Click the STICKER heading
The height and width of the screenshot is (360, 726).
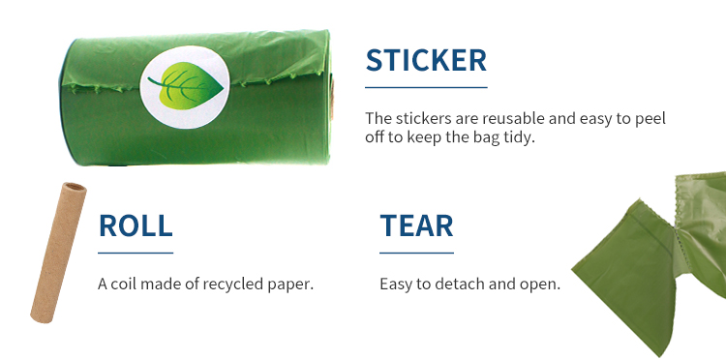click(x=425, y=60)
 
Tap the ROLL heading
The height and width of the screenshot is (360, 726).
click(x=136, y=225)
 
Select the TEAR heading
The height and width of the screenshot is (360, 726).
click(x=416, y=225)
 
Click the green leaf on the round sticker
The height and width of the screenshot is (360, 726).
click(x=184, y=85)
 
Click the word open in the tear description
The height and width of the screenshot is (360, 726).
click(x=539, y=285)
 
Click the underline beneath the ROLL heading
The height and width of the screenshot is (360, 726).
click(x=136, y=253)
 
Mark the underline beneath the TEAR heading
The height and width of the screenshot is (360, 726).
click(x=416, y=253)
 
